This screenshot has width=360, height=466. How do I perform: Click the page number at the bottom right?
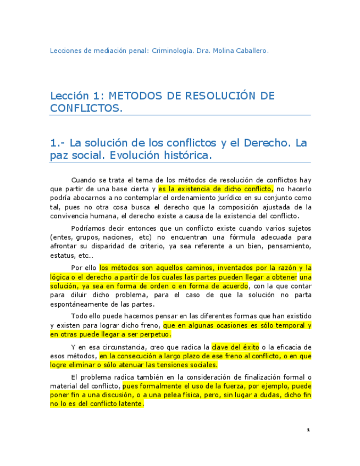coord(308,430)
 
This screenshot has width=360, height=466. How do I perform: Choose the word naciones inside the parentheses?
coord(117,237)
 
